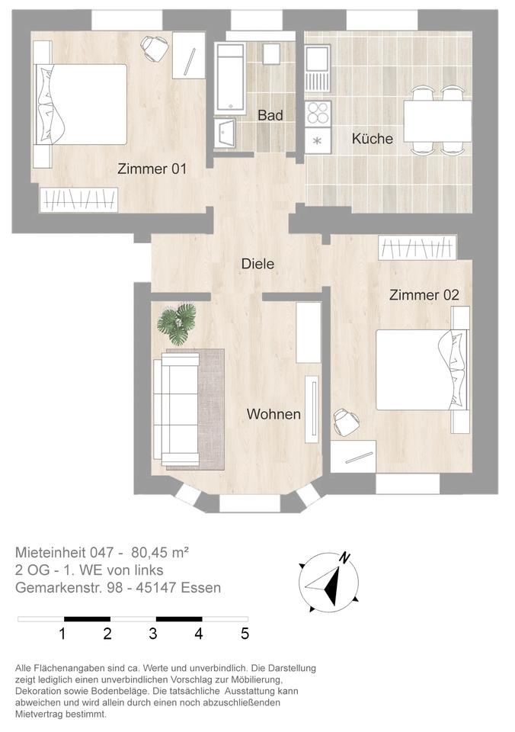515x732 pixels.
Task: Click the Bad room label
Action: coord(270,115)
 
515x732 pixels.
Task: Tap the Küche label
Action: coord(373,138)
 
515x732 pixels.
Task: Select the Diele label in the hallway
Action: coord(257,264)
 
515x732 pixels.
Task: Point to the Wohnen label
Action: coord(273,414)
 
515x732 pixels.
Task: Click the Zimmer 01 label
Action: coord(152,169)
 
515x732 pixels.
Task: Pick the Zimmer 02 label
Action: coord(424,295)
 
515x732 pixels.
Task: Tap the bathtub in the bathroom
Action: coord(230,78)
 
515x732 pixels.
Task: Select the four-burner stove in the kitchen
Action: coord(318,114)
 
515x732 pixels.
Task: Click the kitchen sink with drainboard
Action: coord(318,68)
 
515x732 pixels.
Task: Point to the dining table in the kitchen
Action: coord(437,120)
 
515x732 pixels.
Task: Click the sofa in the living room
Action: coord(176,409)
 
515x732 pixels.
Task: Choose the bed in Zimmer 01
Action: coord(80,104)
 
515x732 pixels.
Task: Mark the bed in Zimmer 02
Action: coord(423,370)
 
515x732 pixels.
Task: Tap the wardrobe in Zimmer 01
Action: coord(78,200)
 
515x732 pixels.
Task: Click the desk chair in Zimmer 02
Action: coord(346,422)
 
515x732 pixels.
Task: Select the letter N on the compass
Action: coord(345,557)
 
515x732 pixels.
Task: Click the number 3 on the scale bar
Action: coord(153,634)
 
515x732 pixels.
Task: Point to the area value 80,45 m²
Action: coord(160,553)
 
